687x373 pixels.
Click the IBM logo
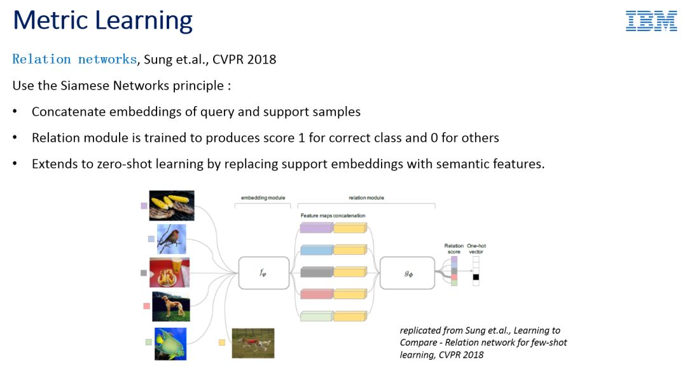coord(651,21)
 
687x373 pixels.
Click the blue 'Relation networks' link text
coord(74,59)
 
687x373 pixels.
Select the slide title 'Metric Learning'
coord(103,20)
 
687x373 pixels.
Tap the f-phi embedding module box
coord(264,273)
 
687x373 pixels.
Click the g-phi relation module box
coord(408,273)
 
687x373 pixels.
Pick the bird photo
coord(172,239)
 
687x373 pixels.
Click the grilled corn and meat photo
coord(171,205)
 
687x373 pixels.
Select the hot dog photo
coord(170,273)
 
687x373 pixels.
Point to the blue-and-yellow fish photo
coord(170,344)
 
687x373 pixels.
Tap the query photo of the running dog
coord(253,343)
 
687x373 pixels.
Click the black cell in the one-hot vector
coord(476,277)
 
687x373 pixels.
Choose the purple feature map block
coord(317,227)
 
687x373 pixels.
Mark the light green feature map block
coord(316,316)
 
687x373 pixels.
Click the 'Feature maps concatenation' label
coord(333,215)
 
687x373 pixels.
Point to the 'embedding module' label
coord(263,198)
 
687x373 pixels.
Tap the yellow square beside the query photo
coord(222,342)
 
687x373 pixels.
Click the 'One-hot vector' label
coord(476,248)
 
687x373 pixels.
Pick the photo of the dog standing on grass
coord(171,306)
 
